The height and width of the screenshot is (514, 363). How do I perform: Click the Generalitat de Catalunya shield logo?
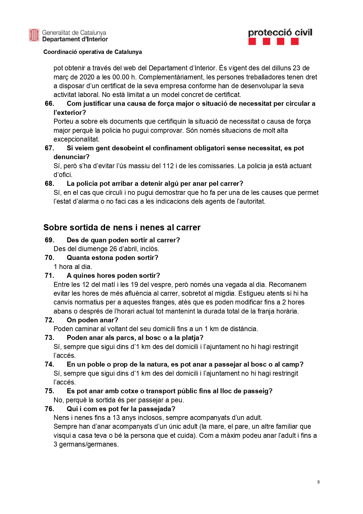pos(34,35)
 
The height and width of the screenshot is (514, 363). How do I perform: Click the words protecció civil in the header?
pos(280,32)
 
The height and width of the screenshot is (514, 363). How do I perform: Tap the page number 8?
pos(319,482)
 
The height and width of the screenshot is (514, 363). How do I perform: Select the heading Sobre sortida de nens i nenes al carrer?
pos(122,227)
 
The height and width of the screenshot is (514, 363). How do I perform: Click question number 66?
pos(49,103)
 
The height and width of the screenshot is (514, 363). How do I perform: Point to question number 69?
pos(49,240)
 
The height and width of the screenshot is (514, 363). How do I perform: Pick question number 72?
pos(49,320)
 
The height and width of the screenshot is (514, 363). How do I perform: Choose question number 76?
pos(49,409)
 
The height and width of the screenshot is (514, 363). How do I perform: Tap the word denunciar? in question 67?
pos(71,157)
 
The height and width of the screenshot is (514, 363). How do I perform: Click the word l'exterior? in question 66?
pos(70,113)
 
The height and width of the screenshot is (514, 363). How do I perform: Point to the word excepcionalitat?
pos(76,139)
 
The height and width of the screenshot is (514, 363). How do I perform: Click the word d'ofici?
pos(63,175)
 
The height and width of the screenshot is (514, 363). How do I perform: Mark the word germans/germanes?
pos(89,444)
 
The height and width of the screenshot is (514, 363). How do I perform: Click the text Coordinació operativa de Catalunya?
pos(93,52)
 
